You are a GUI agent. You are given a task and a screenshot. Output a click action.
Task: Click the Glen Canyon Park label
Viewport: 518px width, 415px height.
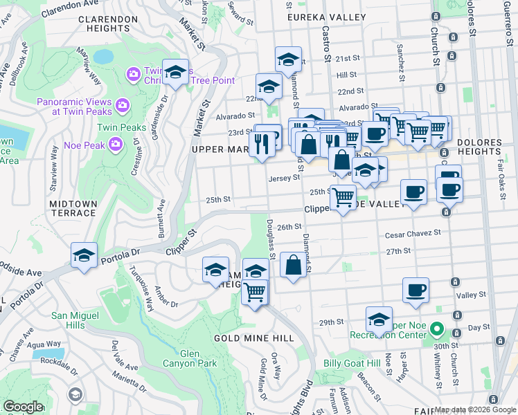pyautogui.click(x=190, y=358)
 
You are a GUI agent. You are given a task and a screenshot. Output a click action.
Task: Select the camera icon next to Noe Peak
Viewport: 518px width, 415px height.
pyautogui.click(x=116, y=143)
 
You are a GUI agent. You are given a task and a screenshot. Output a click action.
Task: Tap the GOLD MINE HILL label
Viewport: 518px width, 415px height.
pyautogui.click(x=254, y=338)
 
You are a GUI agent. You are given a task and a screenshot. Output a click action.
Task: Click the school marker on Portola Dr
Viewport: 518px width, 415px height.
pyautogui.click(x=84, y=255)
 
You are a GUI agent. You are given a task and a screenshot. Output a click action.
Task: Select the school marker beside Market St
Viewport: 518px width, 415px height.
pyautogui.click(x=176, y=72)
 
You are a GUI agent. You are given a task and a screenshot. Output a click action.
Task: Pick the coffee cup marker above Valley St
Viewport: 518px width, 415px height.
pyautogui.click(x=416, y=290)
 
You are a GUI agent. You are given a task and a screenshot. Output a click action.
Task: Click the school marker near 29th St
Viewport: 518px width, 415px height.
pyautogui.click(x=379, y=319)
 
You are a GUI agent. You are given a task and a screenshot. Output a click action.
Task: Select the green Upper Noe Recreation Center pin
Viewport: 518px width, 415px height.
pyautogui.click(x=436, y=329)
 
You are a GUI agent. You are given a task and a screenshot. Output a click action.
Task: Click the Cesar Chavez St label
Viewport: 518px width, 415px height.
pyautogui.click(x=413, y=234)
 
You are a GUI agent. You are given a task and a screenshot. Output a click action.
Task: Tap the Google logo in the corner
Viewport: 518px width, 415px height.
pyautogui.click(x=22, y=407)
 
